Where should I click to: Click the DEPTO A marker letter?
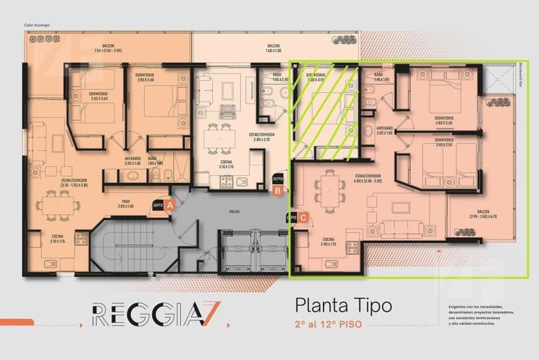pos(171,204)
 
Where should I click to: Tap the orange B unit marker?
pos(278,191)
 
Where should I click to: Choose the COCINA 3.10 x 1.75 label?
pos(227,165)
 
